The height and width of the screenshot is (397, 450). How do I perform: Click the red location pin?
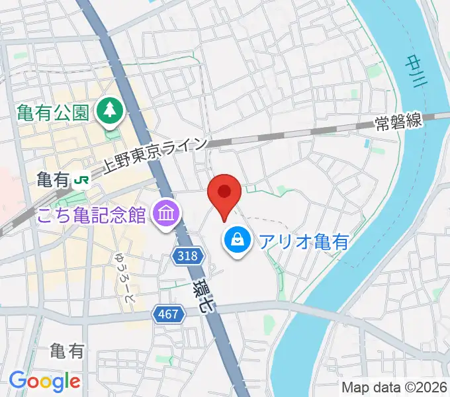point(224,193)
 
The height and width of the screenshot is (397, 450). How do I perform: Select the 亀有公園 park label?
point(52,110)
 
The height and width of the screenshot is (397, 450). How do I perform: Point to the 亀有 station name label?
point(53,179)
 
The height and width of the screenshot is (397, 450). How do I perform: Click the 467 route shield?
point(169,314)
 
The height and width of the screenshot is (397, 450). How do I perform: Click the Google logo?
point(44,381)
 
